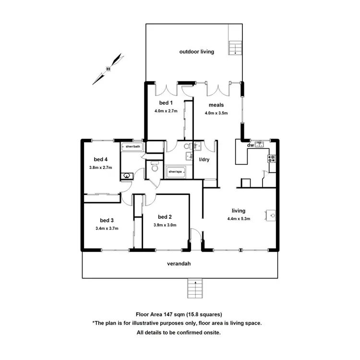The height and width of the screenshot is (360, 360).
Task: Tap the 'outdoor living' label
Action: point(196,51)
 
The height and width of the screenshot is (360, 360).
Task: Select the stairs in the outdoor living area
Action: point(235,48)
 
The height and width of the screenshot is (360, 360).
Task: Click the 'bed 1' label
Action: point(166,103)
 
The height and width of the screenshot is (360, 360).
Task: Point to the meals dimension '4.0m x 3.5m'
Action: point(216,113)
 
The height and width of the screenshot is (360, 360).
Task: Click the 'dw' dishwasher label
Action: point(250,145)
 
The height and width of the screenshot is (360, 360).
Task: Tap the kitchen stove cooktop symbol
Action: point(272,159)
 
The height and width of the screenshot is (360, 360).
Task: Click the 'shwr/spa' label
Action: point(175,171)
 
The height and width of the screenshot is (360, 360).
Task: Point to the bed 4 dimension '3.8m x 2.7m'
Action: point(100,168)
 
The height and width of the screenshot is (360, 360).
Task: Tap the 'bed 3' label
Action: point(107,220)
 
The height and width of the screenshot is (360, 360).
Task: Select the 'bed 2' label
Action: point(164,216)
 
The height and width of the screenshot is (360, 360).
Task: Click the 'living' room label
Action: point(239,211)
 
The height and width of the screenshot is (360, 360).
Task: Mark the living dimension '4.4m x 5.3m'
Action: point(239,219)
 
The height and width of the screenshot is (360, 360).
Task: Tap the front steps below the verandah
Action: point(194,288)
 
